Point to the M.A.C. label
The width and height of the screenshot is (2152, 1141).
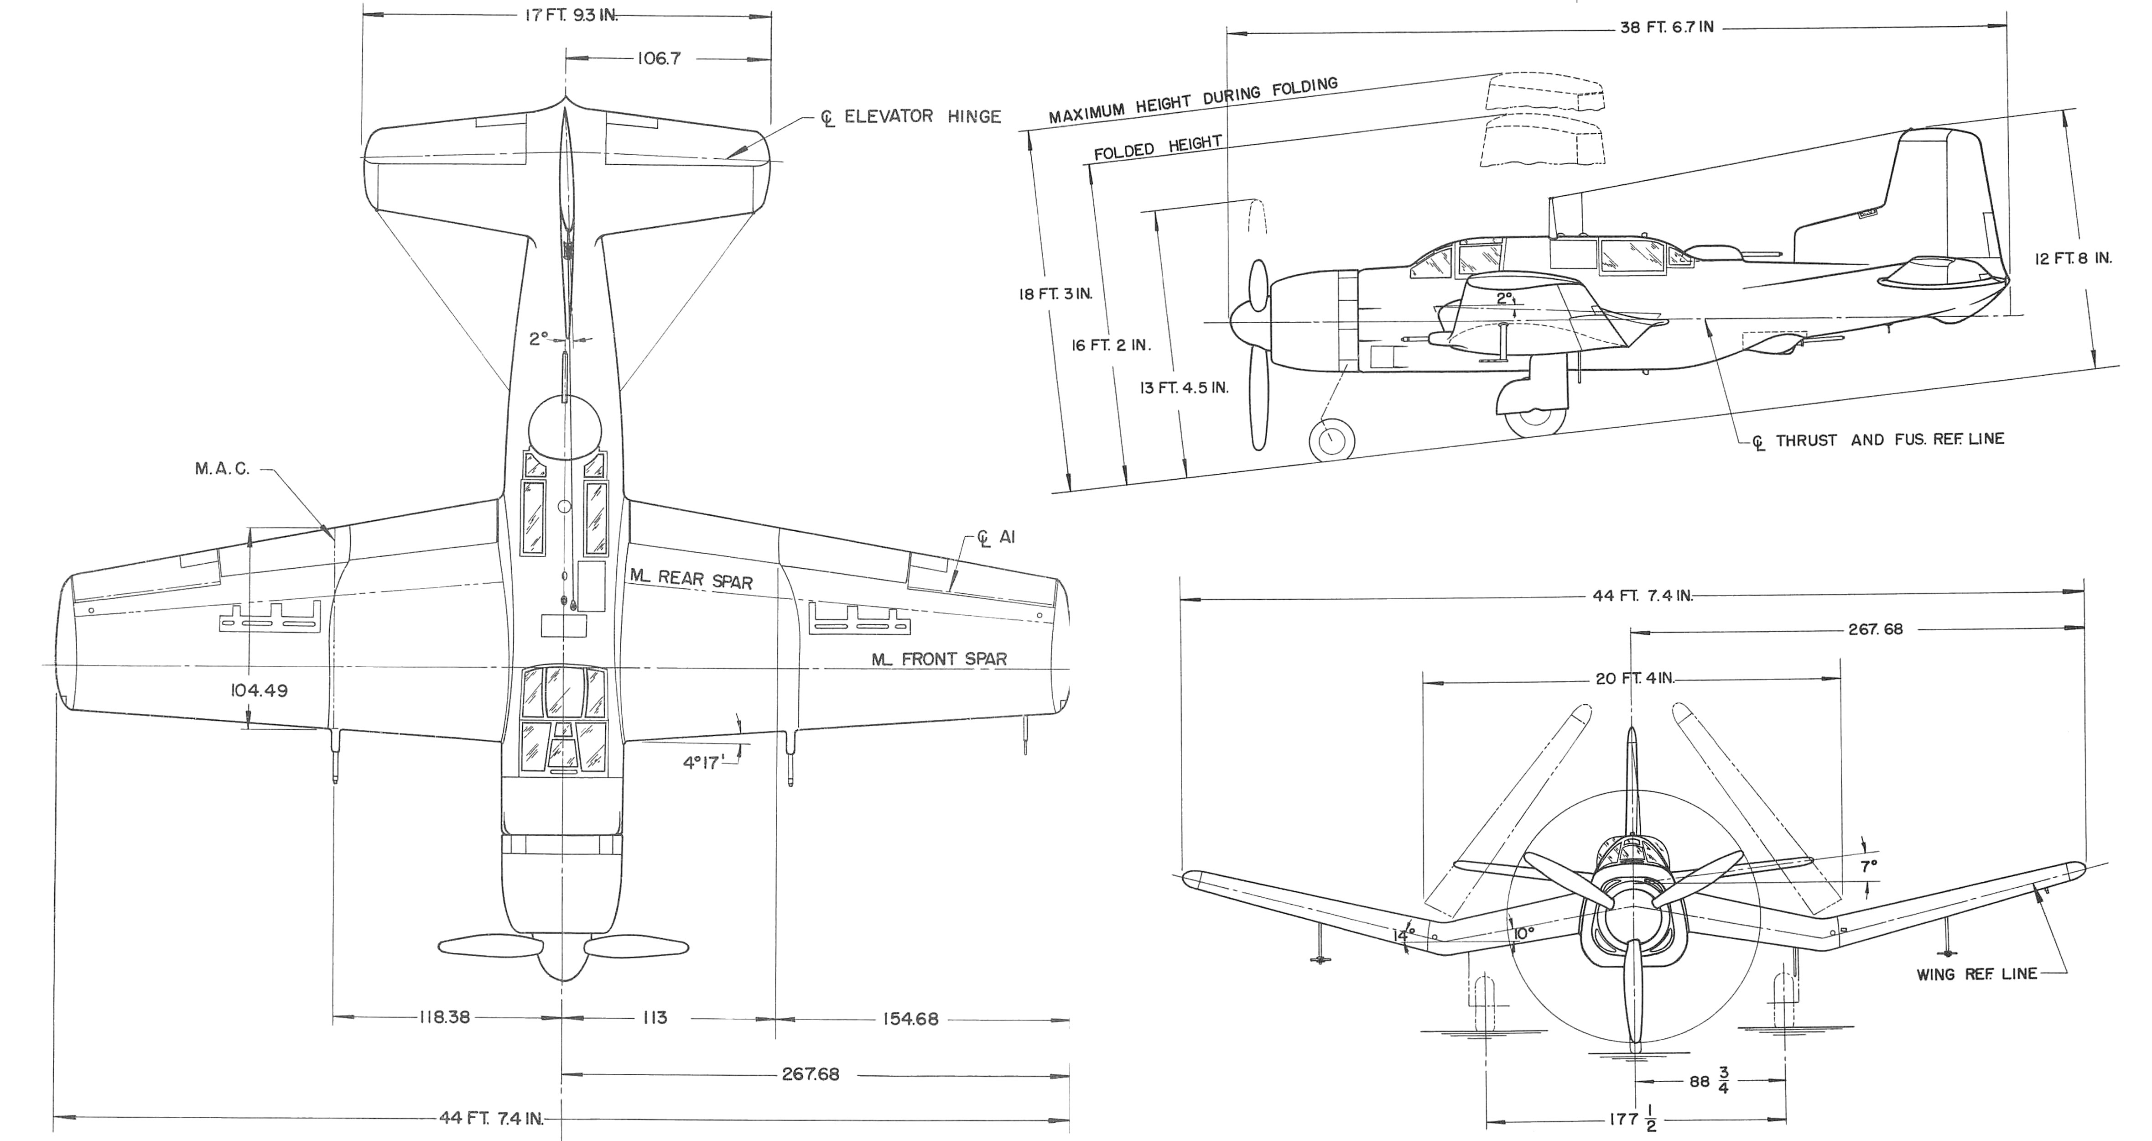tap(222, 469)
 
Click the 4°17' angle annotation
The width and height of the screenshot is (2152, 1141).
tap(702, 762)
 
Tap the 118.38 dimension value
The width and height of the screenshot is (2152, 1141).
tap(444, 1017)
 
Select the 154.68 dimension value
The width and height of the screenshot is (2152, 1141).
tap(910, 1019)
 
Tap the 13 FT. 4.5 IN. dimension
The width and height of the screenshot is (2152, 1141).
tap(1184, 387)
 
